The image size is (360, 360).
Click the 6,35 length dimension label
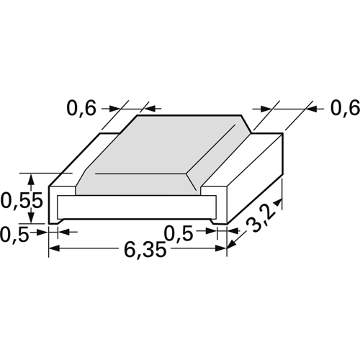tap(145, 249)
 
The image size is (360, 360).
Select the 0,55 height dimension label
tap(22, 201)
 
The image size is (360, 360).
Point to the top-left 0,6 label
tap(81, 109)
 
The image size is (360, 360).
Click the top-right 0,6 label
tap(346, 108)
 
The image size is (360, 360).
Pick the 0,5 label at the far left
tap(14, 234)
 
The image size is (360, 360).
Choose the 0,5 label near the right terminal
tap(179, 233)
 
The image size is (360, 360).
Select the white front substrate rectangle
tap(137, 207)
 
